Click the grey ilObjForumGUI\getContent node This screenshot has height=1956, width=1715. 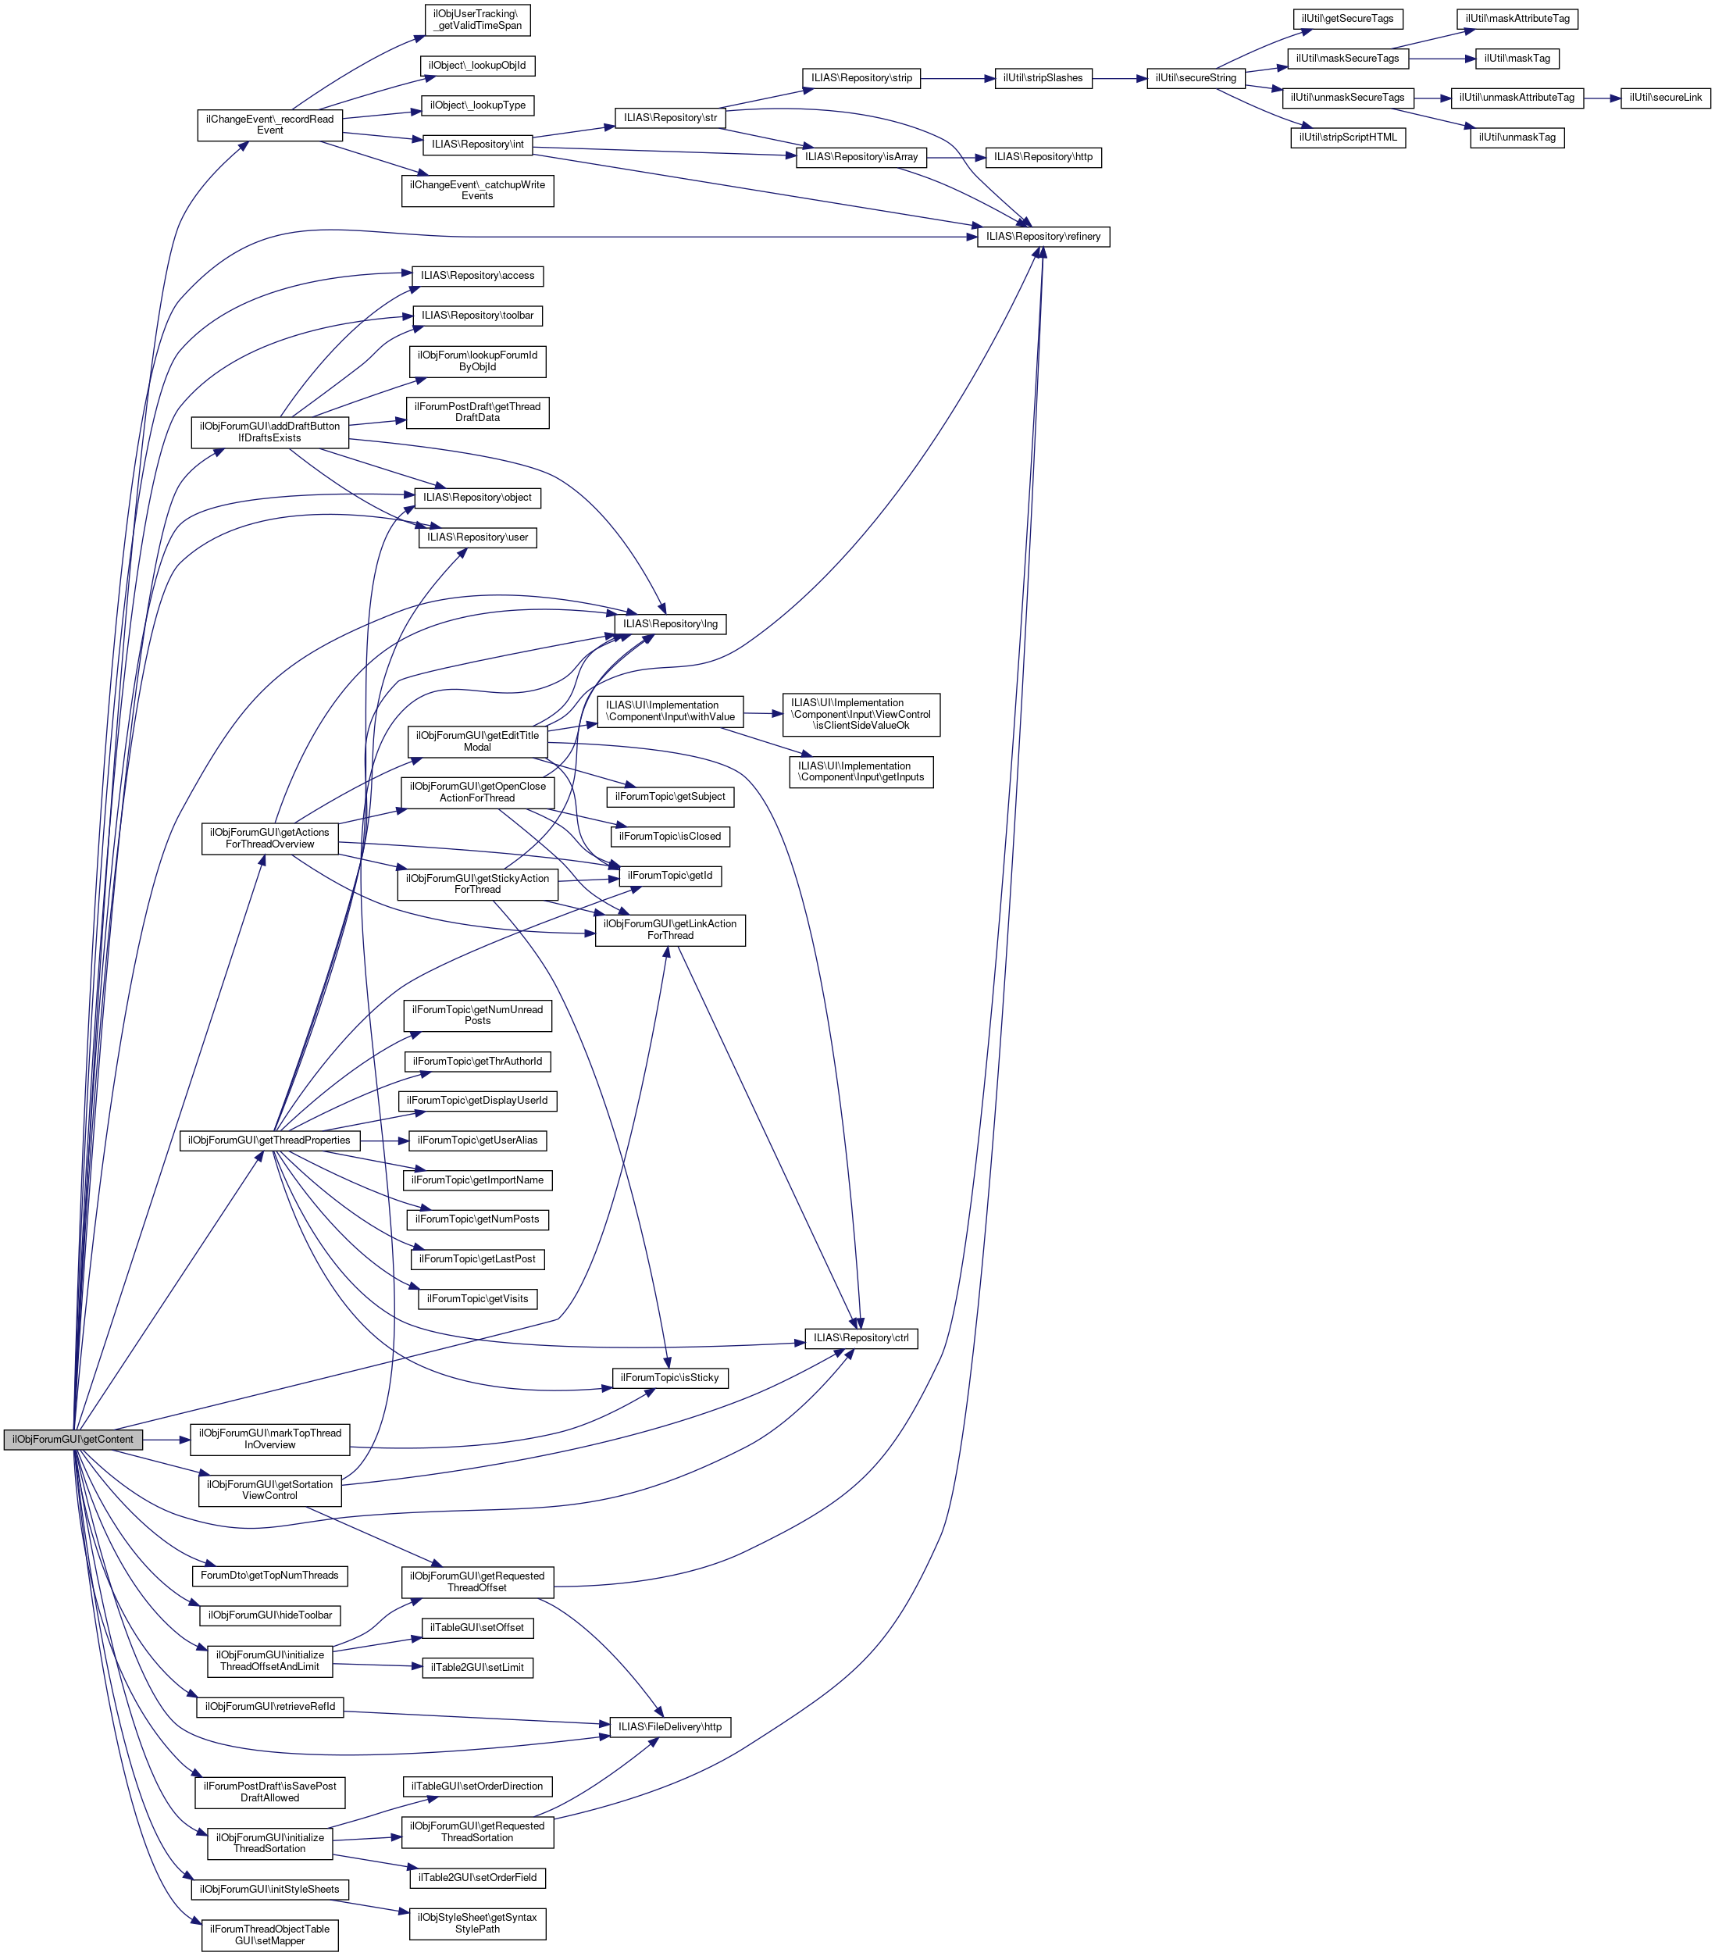click(73, 1439)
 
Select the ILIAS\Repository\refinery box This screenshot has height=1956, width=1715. click(1043, 237)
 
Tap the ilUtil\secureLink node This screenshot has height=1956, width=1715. click(1665, 98)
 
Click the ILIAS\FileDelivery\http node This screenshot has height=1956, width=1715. click(669, 1726)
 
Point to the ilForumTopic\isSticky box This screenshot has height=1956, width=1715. click(669, 1377)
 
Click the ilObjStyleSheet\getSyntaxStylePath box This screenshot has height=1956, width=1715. click(477, 1922)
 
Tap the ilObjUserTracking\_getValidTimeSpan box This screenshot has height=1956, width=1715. click(477, 20)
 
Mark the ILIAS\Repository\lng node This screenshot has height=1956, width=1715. click(669, 624)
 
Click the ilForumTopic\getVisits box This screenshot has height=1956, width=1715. click(477, 1298)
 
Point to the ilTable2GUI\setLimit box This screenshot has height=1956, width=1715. click(477, 1667)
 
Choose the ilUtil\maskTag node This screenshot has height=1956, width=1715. click(1517, 59)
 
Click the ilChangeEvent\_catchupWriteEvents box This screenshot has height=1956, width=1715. click(477, 190)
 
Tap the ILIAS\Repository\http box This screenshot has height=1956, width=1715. click(1043, 156)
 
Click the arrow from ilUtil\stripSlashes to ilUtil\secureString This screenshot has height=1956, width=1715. click(1119, 78)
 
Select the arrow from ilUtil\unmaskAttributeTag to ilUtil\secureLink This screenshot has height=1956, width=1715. click(1601, 98)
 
